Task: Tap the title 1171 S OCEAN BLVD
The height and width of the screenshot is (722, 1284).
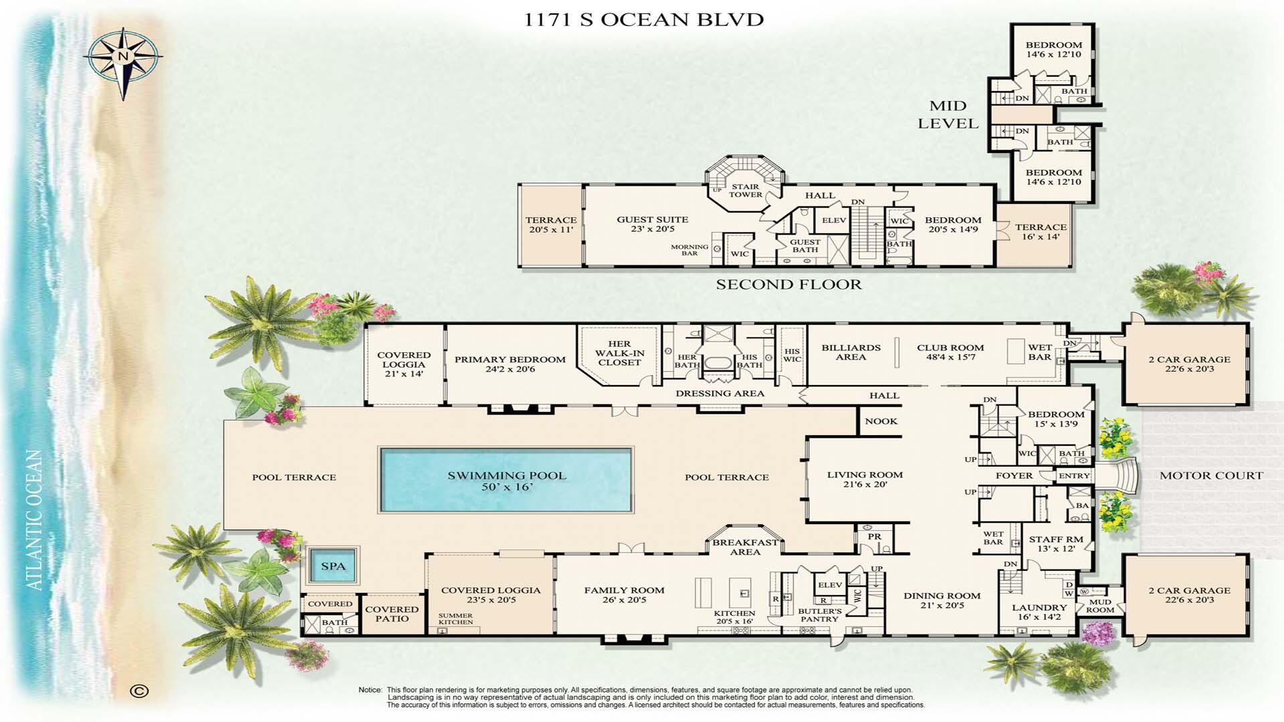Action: [x=643, y=19]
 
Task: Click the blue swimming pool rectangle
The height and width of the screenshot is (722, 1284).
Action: [x=506, y=480]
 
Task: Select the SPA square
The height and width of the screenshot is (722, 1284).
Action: [x=333, y=566]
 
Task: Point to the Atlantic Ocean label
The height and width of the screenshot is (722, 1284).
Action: [x=35, y=520]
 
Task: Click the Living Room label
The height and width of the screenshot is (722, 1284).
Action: [x=865, y=479]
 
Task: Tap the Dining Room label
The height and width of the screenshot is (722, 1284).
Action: [x=942, y=600]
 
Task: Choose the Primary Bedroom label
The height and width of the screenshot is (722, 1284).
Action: [x=510, y=364]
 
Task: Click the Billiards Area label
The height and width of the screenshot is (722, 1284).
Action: [x=851, y=352]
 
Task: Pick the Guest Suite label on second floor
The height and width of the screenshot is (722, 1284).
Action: [x=652, y=223]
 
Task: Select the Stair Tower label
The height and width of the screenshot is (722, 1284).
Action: [x=745, y=191]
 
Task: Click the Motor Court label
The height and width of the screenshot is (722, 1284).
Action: [x=1211, y=475]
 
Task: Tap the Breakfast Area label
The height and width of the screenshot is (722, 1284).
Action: [x=745, y=547]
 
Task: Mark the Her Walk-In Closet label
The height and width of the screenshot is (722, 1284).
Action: [x=619, y=353]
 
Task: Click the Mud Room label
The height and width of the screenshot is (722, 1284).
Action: [x=1100, y=605]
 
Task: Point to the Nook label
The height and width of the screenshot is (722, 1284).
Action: [x=881, y=421]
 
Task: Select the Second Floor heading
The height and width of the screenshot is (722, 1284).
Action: [x=788, y=284]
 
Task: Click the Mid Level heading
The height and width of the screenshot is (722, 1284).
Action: [x=948, y=114]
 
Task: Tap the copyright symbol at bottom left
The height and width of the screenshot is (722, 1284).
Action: [x=139, y=691]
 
